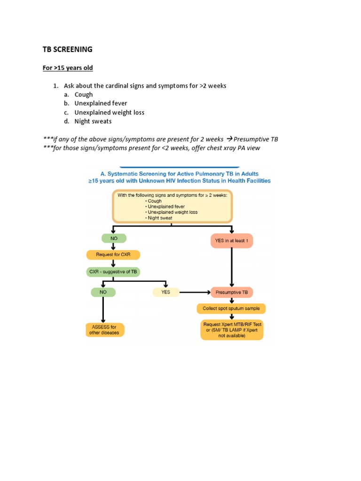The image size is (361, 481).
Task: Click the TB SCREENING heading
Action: click(68, 49)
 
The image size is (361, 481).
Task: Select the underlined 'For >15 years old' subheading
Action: click(68, 68)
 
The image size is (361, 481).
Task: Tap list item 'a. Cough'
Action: click(83, 94)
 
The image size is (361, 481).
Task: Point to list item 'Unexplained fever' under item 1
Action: click(101, 103)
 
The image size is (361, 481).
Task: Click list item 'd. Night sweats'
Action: click(93, 121)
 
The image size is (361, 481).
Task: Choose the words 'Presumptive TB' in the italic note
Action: click(256, 140)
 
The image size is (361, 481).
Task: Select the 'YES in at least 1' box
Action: click(231, 240)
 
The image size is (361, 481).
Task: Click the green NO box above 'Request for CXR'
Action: click(114, 238)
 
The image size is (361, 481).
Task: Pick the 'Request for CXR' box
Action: click(113, 255)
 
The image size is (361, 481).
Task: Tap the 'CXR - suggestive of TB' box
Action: click(113, 272)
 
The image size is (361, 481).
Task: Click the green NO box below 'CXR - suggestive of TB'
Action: click(103, 292)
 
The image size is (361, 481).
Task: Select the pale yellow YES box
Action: click(165, 292)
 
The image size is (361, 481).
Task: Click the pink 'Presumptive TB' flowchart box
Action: click(231, 292)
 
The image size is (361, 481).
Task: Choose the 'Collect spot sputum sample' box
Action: click(231, 309)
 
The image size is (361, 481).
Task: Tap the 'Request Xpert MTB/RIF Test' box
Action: click(232, 330)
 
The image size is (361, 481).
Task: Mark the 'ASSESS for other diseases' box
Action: click(104, 330)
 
